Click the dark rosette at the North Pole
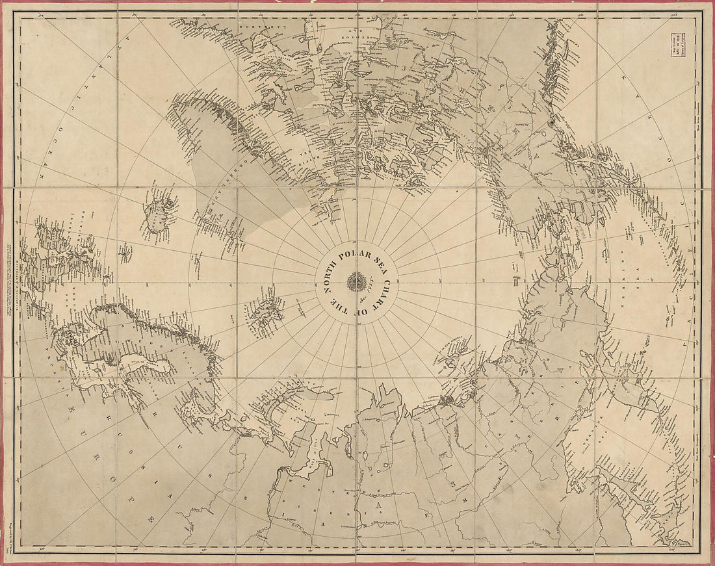point(357,281)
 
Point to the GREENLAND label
point(221,195)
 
